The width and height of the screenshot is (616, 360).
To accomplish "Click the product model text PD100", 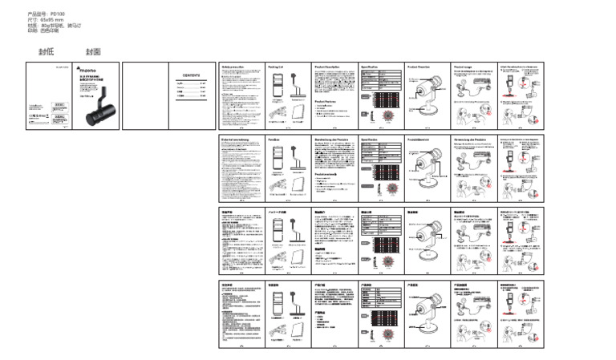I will [57, 14].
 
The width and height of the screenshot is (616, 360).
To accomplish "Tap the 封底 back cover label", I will [46, 51].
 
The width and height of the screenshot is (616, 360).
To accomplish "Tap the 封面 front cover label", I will [93, 51].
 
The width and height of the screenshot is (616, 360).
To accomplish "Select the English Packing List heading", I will [277, 67].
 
